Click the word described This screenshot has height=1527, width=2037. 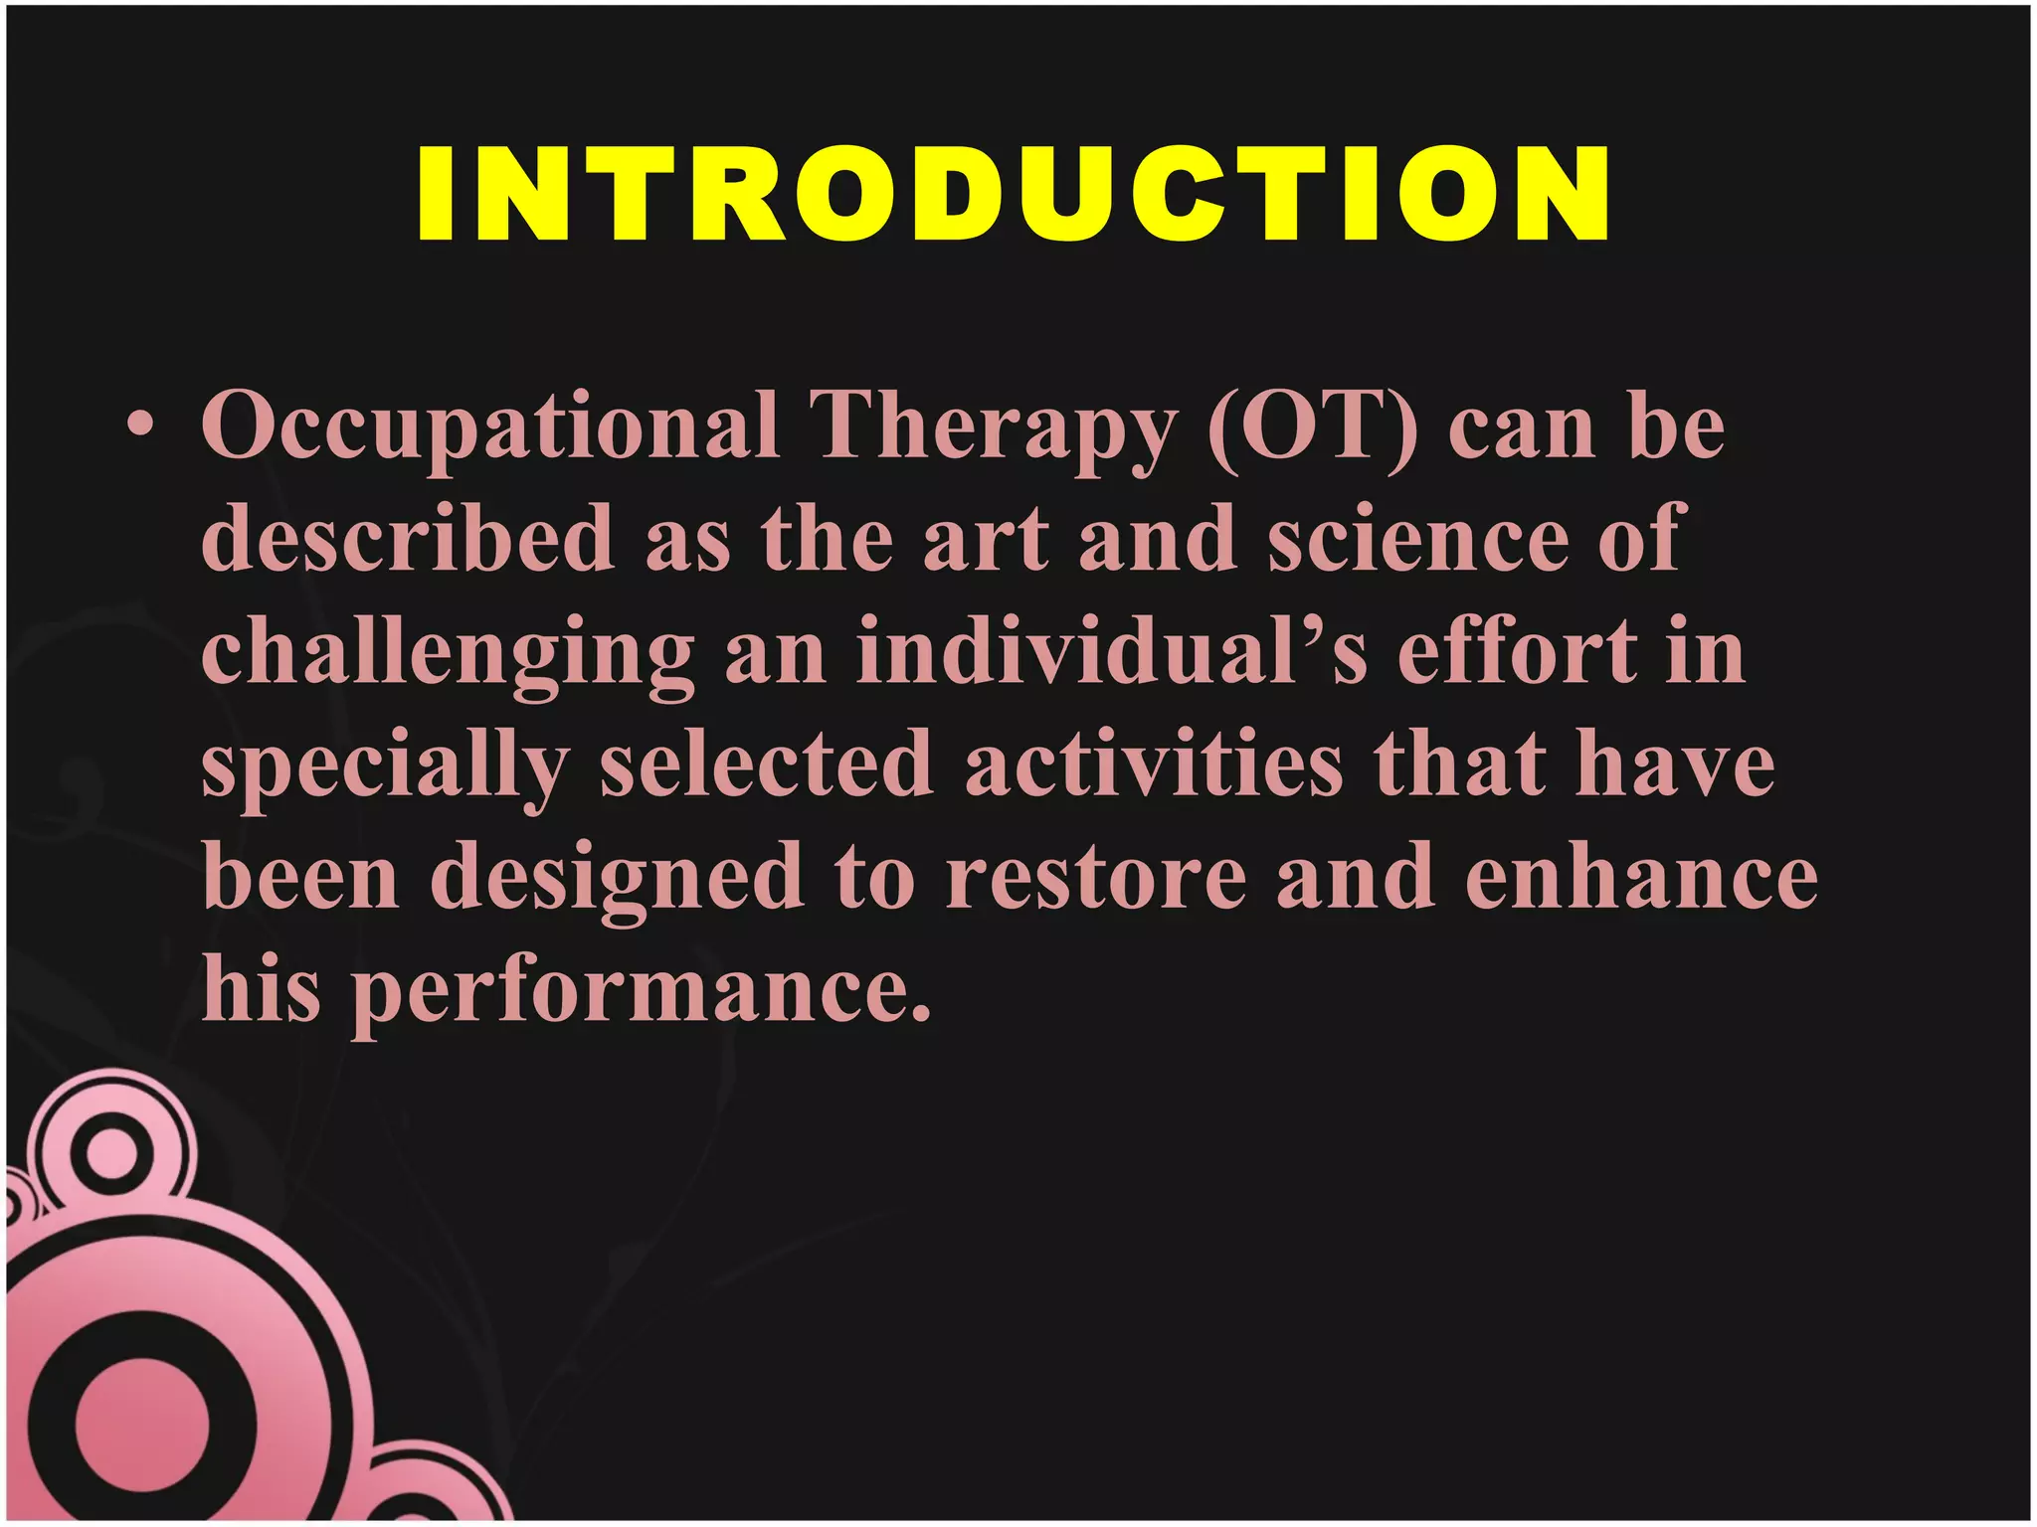408,538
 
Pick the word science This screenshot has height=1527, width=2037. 1418,538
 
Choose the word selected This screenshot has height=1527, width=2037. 766,763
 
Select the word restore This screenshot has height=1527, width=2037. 1095,878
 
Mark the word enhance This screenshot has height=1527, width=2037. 1641,878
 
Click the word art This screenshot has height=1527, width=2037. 986,538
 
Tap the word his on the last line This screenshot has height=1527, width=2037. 262,989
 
